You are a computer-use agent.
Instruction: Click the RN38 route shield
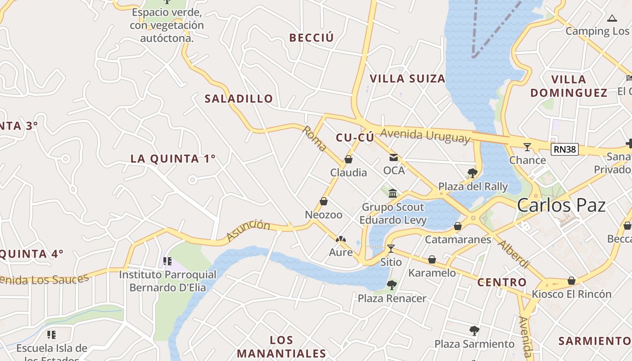pyautogui.click(x=564, y=149)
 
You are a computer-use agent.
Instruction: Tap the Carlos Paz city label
pyautogui.click(x=561, y=205)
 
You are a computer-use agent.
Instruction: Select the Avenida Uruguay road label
pyautogui.click(x=425, y=136)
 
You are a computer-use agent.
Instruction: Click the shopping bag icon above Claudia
pyautogui.click(x=348, y=159)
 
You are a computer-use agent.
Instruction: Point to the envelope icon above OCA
pyautogui.click(x=394, y=157)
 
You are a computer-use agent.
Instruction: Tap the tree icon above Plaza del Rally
pyautogui.click(x=473, y=173)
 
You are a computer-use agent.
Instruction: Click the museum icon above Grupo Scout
pyautogui.click(x=393, y=194)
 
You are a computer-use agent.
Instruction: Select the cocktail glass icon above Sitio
pyautogui.click(x=391, y=248)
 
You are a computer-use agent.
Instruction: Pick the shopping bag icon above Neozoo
pyautogui.click(x=324, y=201)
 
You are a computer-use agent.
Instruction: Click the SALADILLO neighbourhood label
pyautogui.click(x=239, y=98)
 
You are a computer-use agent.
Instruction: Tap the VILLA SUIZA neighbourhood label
pyautogui.click(x=408, y=79)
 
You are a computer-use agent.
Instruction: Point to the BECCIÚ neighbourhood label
pyautogui.click(x=311, y=38)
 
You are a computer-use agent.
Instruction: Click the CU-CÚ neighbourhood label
pyautogui.click(x=355, y=138)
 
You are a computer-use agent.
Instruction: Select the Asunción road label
pyautogui.click(x=248, y=230)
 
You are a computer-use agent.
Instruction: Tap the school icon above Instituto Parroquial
pyautogui.click(x=167, y=261)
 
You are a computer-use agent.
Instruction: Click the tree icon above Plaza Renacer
pyautogui.click(x=392, y=285)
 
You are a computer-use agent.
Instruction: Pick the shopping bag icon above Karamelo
pyautogui.click(x=432, y=259)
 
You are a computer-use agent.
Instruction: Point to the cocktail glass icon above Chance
pyautogui.click(x=527, y=147)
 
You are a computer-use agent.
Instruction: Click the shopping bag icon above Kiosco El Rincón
pyautogui.click(x=572, y=281)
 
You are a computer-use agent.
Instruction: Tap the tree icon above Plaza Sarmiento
pyautogui.click(x=474, y=331)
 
